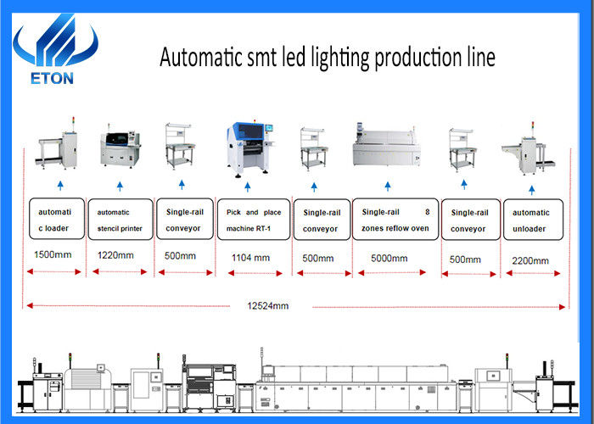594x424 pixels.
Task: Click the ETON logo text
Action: [x=52, y=78]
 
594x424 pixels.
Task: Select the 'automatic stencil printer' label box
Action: [x=120, y=220]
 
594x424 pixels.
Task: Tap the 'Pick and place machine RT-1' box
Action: [x=254, y=220]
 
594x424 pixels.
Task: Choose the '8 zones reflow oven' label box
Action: [x=395, y=220]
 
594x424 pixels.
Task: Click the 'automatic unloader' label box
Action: [x=534, y=220]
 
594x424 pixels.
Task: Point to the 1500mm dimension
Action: [x=53, y=254]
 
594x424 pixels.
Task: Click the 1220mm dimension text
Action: [x=115, y=255]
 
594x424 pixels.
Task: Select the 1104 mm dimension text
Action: [x=251, y=258]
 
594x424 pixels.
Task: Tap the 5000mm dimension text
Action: [x=389, y=259]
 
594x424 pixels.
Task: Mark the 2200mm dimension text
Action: [x=530, y=261]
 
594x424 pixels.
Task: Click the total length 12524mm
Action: [x=268, y=306]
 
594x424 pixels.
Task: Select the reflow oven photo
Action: [x=387, y=146]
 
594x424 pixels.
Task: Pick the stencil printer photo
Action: [x=120, y=146]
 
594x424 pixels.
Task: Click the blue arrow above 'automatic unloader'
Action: [x=532, y=190]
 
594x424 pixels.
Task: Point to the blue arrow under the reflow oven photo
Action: [x=388, y=187]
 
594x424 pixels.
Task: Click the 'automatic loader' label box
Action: [x=57, y=219]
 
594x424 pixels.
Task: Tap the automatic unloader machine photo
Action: [x=528, y=149]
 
